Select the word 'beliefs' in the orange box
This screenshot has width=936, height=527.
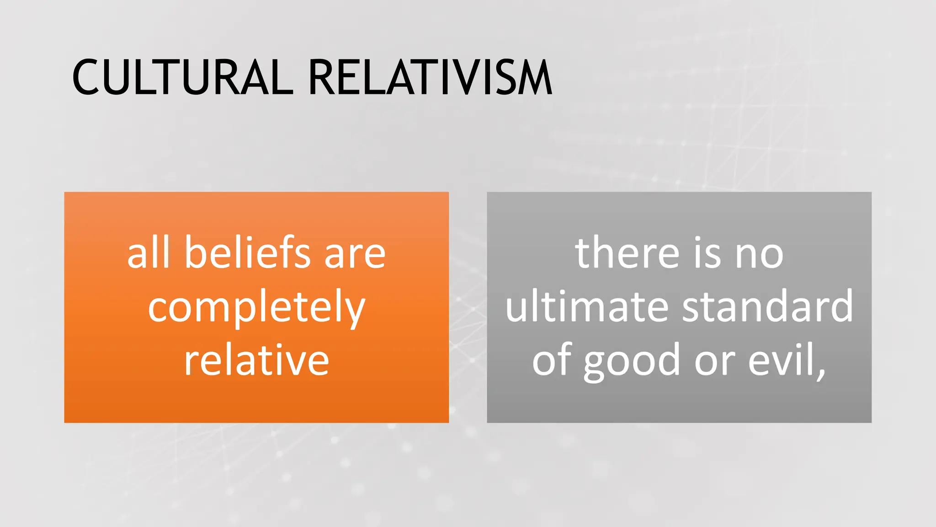point(247,253)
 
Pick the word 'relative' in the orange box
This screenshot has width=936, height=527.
point(256,360)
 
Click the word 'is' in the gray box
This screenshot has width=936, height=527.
point(707,253)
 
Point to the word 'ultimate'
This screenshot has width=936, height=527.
point(587,307)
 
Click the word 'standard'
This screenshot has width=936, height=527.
point(767,307)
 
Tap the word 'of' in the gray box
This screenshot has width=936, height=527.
point(552,360)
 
